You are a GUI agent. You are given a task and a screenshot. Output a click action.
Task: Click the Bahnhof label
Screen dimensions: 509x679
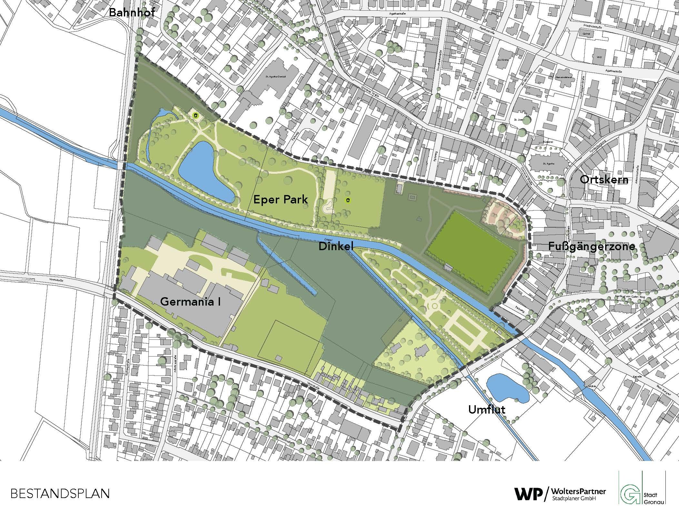point(132,13)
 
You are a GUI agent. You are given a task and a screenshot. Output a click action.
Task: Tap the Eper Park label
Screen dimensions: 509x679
point(280,200)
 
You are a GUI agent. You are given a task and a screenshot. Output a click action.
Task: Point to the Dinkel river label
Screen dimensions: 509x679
point(336,247)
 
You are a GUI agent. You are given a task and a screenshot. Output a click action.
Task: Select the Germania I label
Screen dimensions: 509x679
point(190,302)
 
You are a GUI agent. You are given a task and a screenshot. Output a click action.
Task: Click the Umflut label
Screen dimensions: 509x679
point(486,410)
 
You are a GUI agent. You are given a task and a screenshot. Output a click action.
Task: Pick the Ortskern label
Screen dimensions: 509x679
point(604,180)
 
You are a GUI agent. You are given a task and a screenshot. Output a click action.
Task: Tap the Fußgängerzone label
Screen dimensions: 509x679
point(592,247)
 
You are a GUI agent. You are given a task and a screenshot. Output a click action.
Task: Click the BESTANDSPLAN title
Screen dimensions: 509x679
point(60,494)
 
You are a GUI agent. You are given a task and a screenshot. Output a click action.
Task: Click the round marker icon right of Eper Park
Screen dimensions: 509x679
point(348,201)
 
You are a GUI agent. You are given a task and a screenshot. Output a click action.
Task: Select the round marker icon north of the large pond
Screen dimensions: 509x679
point(195,115)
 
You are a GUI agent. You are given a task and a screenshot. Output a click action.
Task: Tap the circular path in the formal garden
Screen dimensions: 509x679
point(434,305)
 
